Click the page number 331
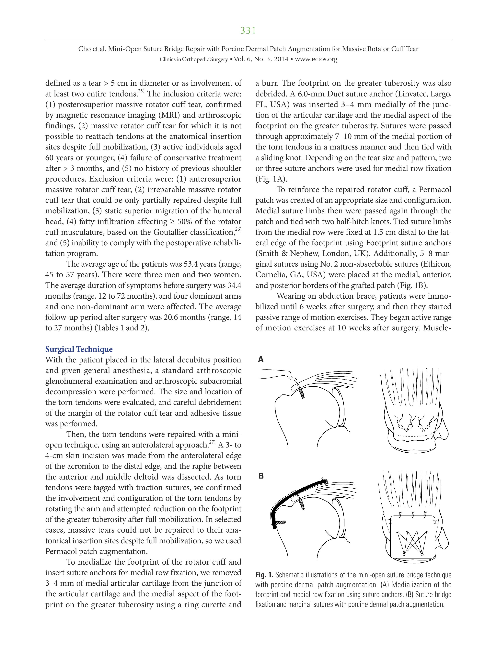click(248, 30)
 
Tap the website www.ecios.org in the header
click(316, 59)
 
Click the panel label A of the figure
click(261, 359)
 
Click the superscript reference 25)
click(141, 91)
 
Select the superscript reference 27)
click(212, 442)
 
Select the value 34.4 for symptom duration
click(234, 285)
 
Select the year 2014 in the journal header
click(281, 59)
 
